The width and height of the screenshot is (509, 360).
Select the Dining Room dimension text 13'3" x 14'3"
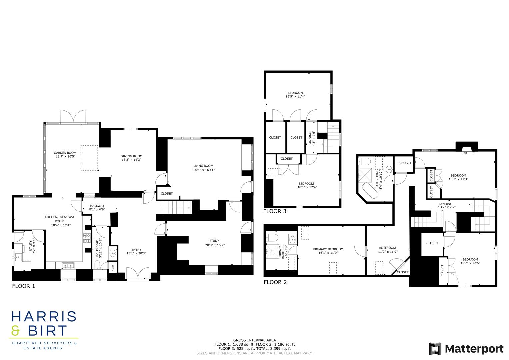click(131, 160)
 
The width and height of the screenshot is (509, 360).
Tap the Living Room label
click(203, 166)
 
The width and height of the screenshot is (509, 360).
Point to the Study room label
click(214, 241)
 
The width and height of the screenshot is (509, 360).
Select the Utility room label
click(30, 246)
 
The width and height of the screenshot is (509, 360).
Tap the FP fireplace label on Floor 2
click(465, 153)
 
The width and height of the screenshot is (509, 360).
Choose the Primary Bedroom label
click(328, 249)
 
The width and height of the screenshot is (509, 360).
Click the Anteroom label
click(387, 248)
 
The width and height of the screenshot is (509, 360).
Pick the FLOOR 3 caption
click(275, 211)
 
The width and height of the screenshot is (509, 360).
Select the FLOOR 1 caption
click(23, 286)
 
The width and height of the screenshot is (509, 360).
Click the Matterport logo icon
click(435, 349)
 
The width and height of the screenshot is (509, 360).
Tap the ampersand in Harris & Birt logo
click(16, 330)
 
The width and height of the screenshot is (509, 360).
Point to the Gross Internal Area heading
click(254, 340)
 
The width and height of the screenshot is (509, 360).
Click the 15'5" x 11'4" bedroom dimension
click(295, 96)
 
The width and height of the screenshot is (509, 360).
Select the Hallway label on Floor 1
click(97, 206)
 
